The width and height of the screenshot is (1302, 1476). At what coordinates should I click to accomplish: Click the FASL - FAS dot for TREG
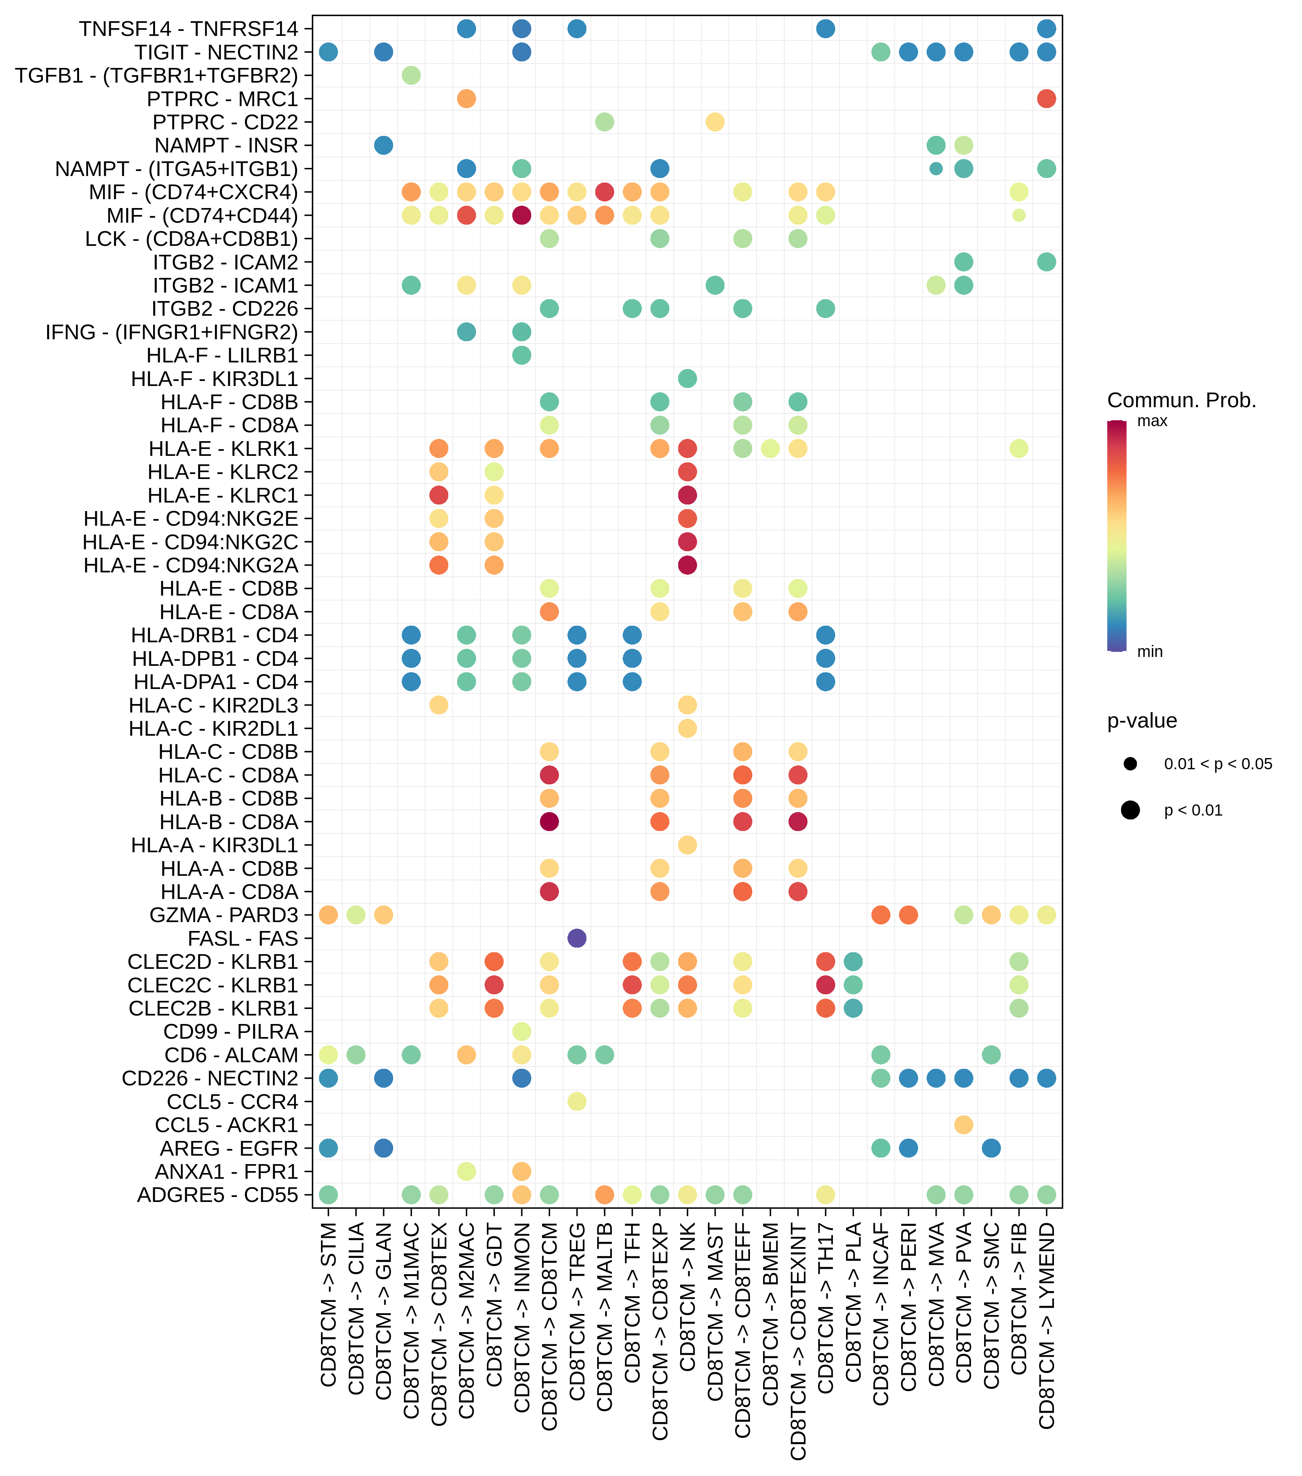click(577, 938)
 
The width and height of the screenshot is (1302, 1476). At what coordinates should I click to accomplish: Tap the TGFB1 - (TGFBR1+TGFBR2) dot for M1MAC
click(411, 75)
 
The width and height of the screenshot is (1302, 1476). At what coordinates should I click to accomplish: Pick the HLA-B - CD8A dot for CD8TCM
click(549, 822)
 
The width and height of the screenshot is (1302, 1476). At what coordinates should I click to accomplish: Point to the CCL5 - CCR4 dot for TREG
click(577, 1101)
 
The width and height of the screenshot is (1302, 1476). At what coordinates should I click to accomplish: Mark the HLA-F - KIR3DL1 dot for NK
click(687, 378)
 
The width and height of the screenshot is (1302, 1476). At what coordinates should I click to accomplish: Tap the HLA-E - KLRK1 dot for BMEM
click(770, 449)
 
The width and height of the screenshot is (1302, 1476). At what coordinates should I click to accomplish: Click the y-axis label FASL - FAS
click(243, 938)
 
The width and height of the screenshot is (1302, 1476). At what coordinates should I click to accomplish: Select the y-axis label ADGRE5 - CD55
click(217, 1194)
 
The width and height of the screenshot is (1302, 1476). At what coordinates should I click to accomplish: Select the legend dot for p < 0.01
click(1130, 810)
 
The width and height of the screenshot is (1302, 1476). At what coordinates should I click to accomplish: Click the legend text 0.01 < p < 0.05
click(1218, 764)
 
